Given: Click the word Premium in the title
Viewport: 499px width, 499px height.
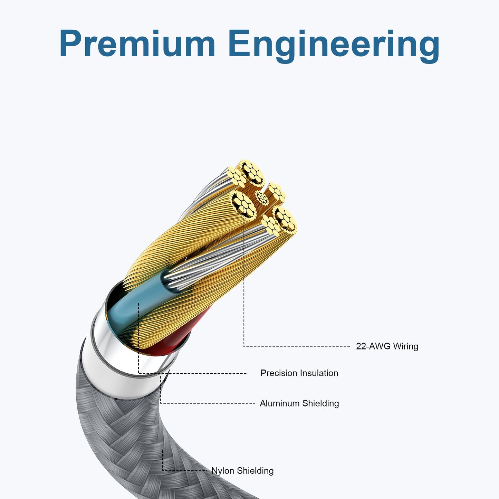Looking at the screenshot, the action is [137, 43].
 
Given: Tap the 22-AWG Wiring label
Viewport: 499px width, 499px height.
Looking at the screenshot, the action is [387, 346].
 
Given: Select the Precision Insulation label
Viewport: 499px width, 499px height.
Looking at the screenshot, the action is [299, 373].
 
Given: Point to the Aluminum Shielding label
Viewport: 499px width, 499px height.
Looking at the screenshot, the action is [299, 403].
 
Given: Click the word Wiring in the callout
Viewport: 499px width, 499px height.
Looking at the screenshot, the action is [405, 346].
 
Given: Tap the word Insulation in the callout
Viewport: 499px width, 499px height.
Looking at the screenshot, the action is [319, 373].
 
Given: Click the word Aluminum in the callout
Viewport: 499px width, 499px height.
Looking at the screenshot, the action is [280, 403].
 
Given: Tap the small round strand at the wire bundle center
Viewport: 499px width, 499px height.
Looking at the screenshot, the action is [262, 198].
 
